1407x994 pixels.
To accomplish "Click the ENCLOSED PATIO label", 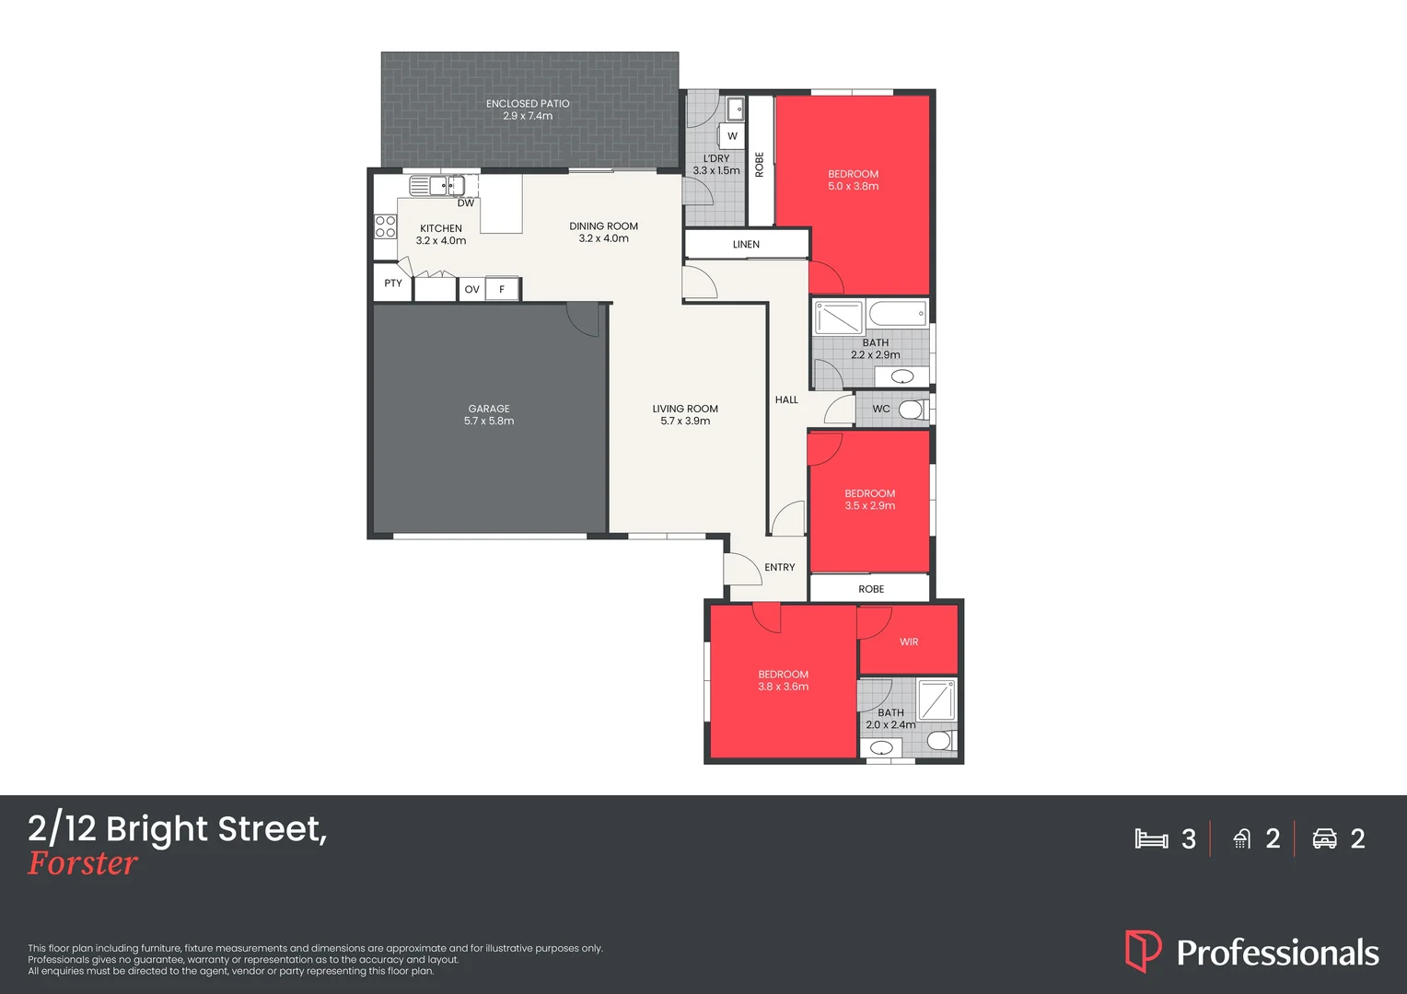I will coord(528,104).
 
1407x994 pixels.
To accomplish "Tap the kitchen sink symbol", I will coord(430,187).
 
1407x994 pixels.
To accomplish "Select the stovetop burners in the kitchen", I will coord(385,226).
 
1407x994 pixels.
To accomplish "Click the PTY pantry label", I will coord(393,283).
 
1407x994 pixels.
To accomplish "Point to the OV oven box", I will coord(471,289).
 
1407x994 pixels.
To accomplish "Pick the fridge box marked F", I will coord(502,289).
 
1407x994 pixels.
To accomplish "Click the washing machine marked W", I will coord(732,136).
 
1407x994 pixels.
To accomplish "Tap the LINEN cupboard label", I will coord(746,245).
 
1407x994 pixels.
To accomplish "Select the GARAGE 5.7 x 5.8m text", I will coord(489,415).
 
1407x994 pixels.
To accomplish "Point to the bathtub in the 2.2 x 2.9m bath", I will coord(897,315).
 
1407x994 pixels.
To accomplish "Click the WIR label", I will coord(909,642).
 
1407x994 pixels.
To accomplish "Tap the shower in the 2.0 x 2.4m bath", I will coord(936,699).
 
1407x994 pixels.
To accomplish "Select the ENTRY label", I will coord(779,568).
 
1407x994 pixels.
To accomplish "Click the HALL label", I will coord(786,400).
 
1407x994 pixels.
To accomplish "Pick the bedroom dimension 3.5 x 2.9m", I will coord(870,506).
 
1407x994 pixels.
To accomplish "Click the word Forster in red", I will coord(83,863).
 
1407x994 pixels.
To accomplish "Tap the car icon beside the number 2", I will coord(1324,838).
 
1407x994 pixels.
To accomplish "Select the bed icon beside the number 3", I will coord(1151,838).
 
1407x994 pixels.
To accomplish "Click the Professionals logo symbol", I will coord(1143,951).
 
